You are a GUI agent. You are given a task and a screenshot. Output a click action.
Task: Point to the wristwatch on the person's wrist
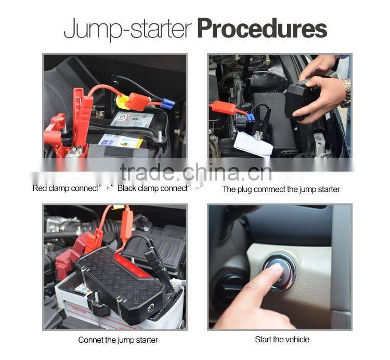[345, 93]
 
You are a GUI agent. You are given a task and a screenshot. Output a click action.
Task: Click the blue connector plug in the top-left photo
[166, 105]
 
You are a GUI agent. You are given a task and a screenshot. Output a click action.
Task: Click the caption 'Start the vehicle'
[282, 339]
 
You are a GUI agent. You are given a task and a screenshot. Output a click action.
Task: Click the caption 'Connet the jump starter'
[118, 340]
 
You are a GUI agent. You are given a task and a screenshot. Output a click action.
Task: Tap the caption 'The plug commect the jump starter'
[281, 189]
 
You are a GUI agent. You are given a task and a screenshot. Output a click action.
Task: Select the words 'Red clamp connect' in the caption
[65, 188]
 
